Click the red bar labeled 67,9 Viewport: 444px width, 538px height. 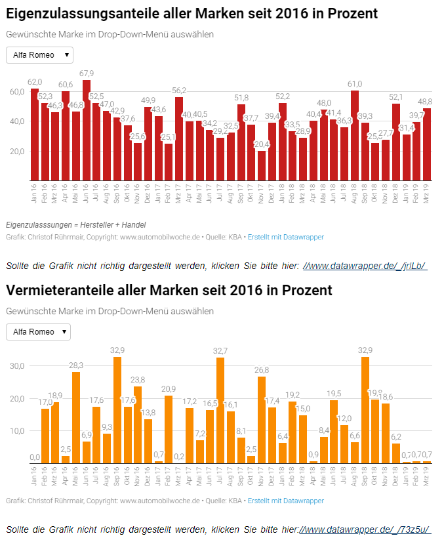87,131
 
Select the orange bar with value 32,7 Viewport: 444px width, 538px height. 220,411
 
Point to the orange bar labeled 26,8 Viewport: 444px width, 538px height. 262,421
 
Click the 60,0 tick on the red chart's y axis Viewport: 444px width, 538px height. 16,91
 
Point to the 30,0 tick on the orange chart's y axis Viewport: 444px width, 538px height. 16,366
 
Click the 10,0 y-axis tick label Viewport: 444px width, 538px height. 16,431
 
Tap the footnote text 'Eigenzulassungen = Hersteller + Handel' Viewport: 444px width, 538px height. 75,225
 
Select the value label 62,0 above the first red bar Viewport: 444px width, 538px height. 35,82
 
